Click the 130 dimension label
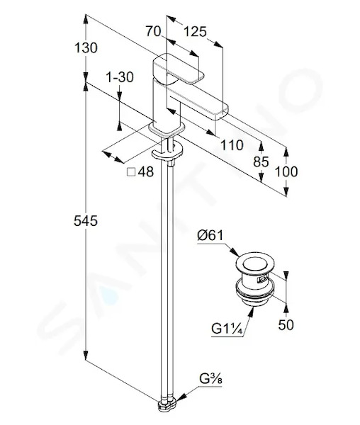click(x=86, y=48)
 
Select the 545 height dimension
click(x=86, y=221)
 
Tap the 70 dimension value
click(x=154, y=31)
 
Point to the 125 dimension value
click(x=195, y=32)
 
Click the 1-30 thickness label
click(x=120, y=77)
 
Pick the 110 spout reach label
click(x=232, y=145)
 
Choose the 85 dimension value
click(x=261, y=162)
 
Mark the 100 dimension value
click(x=286, y=171)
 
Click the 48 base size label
click(x=146, y=171)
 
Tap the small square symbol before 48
click(x=131, y=172)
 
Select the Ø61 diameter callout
click(x=210, y=235)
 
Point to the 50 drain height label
click(x=286, y=324)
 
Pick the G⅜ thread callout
click(x=210, y=379)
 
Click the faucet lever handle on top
click(x=178, y=69)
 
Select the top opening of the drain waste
click(x=255, y=264)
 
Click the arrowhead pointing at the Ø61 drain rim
click(x=235, y=252)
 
